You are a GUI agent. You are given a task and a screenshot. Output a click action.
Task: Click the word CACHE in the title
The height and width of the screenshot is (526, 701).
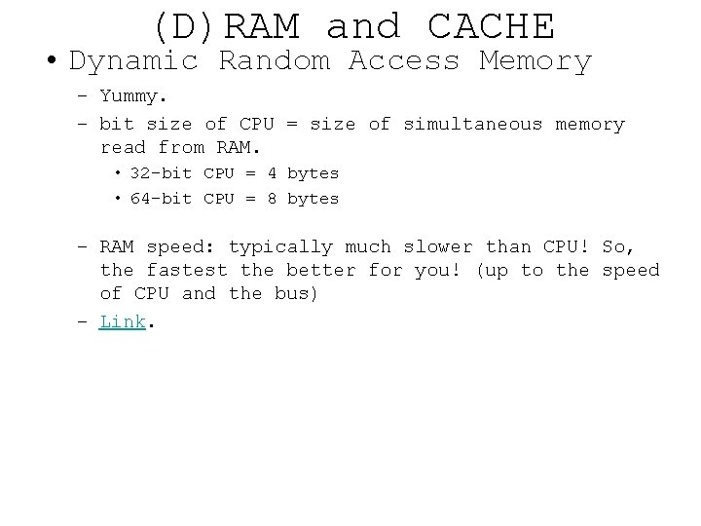(491, 25)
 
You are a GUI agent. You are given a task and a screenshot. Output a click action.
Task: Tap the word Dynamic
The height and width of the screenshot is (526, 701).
(134, 61)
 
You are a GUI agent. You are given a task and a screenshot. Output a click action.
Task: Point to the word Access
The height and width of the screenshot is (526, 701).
(403, 61)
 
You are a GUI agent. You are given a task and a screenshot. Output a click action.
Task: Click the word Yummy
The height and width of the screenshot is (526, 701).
(133, 98)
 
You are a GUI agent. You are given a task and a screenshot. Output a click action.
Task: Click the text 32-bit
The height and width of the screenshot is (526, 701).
(161, 173)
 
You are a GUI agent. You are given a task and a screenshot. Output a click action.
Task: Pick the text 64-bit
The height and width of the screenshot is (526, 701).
(161, 199)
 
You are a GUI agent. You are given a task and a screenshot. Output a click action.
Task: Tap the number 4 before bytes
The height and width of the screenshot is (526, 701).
(272, 173)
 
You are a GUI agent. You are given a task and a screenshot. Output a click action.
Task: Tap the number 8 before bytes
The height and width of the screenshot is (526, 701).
(272, 199)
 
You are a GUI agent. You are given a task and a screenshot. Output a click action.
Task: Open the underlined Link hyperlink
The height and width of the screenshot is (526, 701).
(122, 321)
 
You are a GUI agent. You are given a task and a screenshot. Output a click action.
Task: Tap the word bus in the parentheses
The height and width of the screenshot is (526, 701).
(297, 294)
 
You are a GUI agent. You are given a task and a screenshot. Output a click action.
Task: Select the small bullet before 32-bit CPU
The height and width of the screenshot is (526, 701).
(117, 173)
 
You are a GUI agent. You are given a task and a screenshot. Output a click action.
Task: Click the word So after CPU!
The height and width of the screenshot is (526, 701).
(618, 247)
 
